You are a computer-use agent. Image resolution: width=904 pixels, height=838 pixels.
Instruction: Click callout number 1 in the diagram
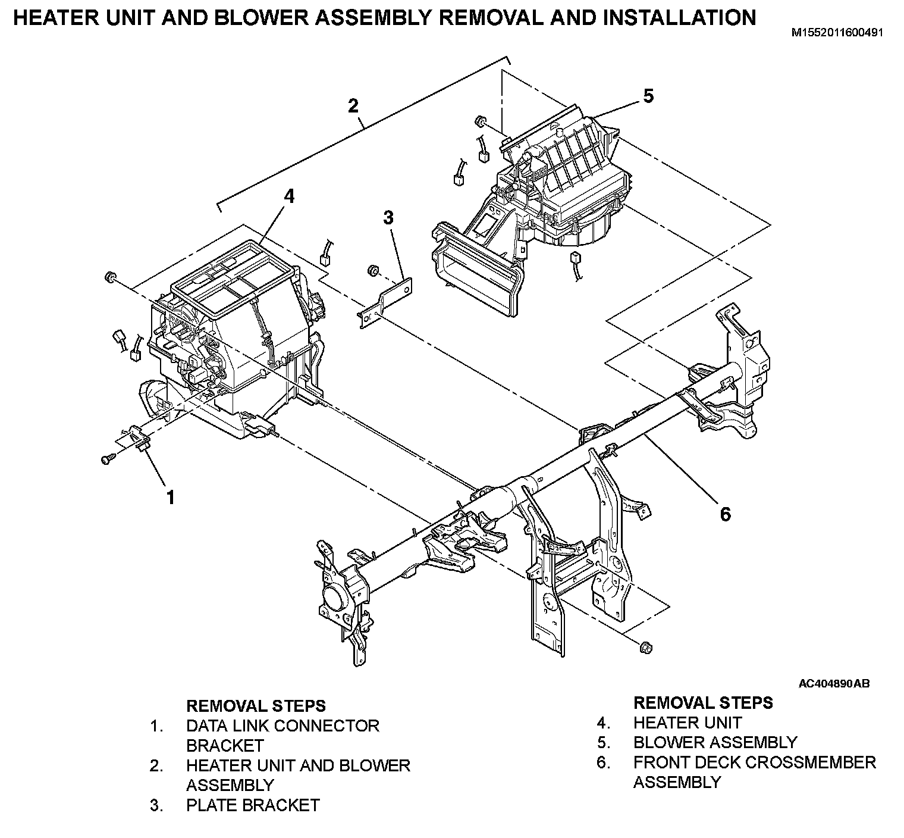pos(171,497)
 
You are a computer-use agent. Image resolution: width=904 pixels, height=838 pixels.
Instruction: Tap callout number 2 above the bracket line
pos(353,106)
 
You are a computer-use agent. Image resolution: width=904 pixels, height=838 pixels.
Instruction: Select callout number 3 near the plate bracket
pos(388,217)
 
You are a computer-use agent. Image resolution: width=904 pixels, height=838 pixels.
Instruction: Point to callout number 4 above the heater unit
pos(288,196)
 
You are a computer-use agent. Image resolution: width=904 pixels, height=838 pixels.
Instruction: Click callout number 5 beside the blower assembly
pos(648,95)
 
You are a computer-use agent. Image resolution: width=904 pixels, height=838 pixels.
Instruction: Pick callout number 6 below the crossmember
pos(725,514)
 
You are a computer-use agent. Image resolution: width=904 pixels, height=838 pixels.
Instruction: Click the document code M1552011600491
pos(837,33)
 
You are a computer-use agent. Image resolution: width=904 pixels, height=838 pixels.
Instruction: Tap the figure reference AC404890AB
pos(834,684)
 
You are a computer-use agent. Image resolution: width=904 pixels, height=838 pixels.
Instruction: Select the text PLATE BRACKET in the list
pos(253,805)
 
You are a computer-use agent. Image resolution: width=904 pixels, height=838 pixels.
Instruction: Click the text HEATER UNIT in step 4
pos(687,723)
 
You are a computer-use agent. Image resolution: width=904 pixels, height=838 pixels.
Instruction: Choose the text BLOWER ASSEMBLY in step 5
pos(715,742)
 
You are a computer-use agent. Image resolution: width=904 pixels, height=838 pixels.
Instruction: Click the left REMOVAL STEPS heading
pos(256,706)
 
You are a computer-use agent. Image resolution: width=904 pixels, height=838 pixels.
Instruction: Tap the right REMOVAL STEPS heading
pos(703,703)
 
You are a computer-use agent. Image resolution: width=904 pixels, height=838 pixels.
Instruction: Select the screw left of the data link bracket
pos(106,459)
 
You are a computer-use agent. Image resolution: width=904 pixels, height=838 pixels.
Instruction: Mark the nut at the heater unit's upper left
pos(110,277)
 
